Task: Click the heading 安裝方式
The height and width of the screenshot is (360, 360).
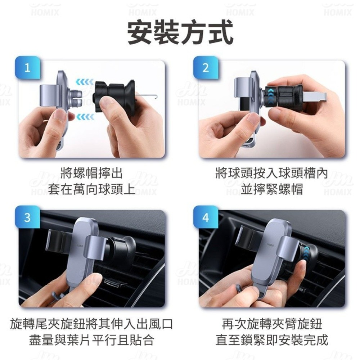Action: tap(180, 33)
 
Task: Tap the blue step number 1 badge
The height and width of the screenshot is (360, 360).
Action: tap(28, 68)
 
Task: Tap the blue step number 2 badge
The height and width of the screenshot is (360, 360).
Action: tap(206, 68)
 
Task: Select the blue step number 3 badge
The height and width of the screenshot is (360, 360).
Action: tap(28, 217)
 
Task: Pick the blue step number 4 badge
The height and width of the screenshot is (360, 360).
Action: tap(206, 217)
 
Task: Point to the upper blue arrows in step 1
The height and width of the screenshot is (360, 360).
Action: tap(85, 82)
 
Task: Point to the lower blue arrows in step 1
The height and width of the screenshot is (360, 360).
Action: tap(85, 117)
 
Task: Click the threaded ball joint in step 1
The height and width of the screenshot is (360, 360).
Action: tap(75, 97)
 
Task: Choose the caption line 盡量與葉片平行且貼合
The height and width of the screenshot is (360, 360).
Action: tap(91, 340)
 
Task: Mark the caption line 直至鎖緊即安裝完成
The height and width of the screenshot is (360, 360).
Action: tap(272, 340)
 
